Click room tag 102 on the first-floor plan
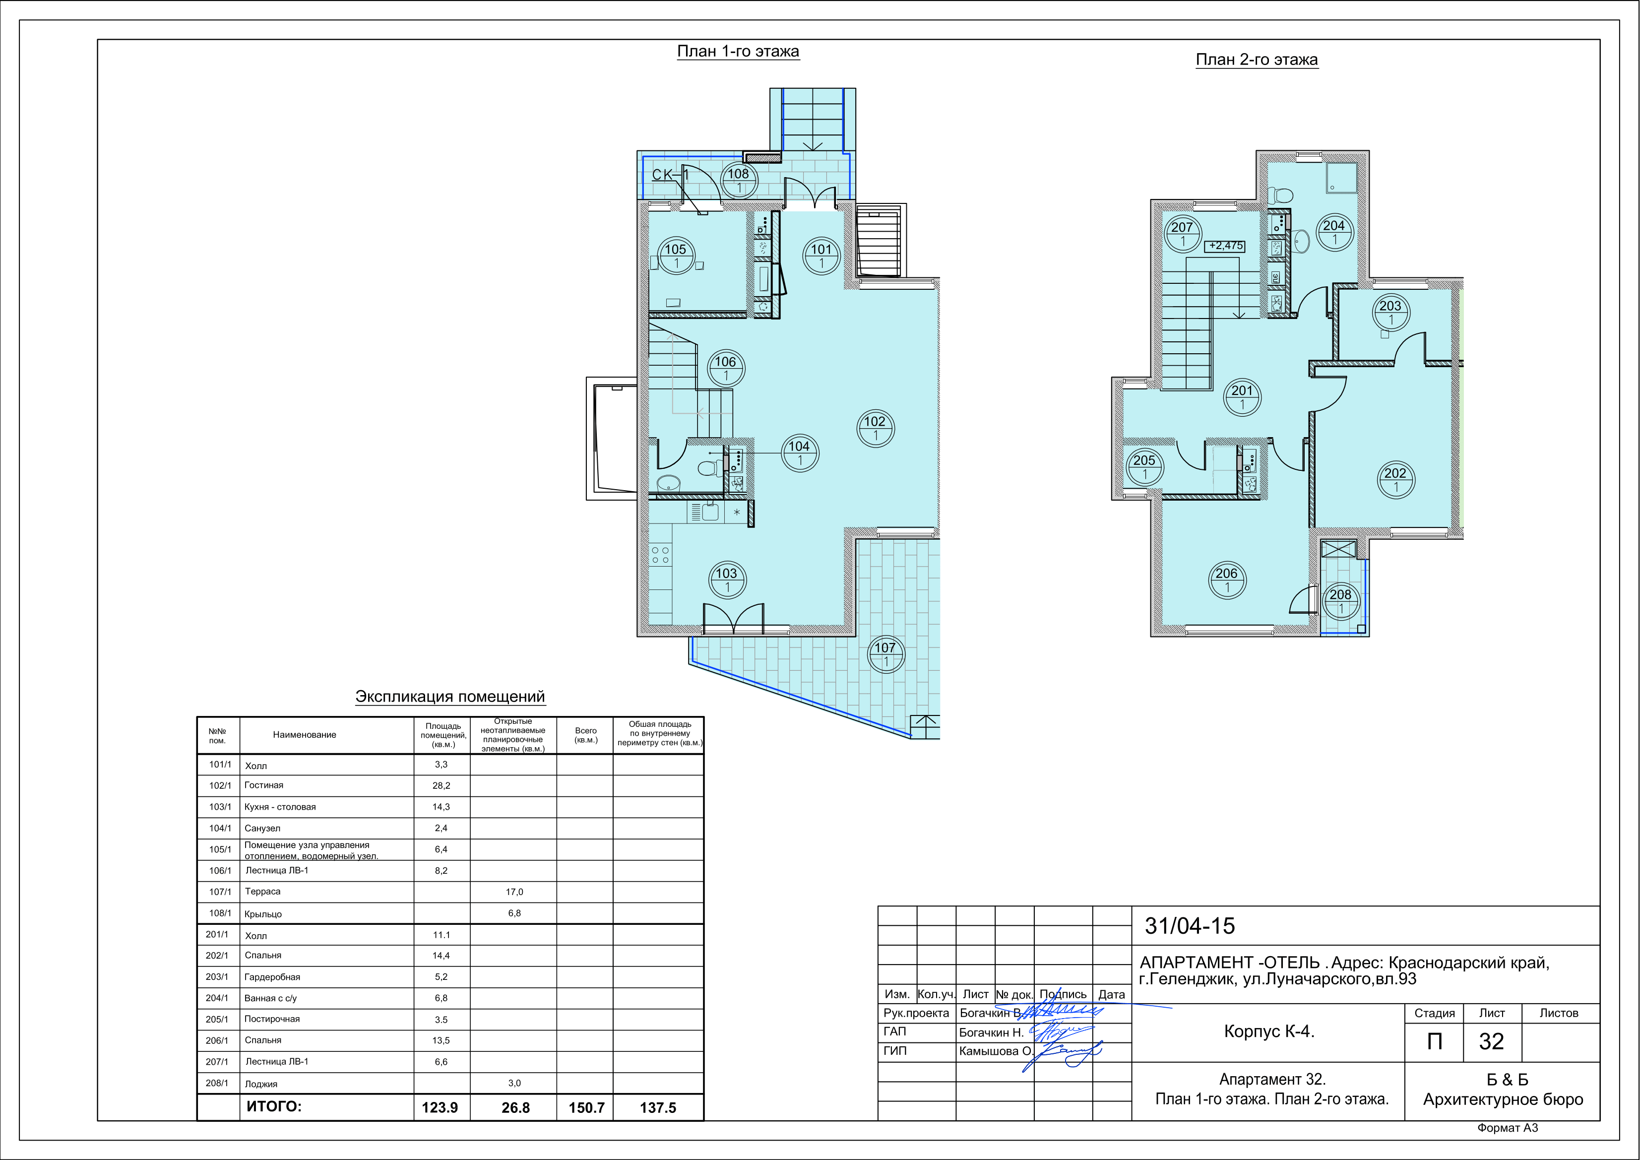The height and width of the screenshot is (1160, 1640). click(875, 429)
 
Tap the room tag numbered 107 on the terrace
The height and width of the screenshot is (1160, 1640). click(885, 654)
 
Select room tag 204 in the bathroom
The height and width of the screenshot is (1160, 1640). click(1334, 232)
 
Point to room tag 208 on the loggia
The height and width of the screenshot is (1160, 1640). click(1341, 601)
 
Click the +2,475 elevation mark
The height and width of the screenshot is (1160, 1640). click(1226, 246)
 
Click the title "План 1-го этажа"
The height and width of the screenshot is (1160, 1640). click(738, 52)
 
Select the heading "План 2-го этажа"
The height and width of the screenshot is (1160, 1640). click(1257, 60)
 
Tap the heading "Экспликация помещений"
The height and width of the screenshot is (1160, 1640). click(450, 697)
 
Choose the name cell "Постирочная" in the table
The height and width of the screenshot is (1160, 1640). click(272, 1019)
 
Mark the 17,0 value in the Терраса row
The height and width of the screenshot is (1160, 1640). click(514, 892)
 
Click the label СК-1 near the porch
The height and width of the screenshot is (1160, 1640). click(671, 174)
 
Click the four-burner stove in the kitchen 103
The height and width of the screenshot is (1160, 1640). click(661, 555)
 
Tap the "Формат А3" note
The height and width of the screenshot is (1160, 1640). click(1507, 1128)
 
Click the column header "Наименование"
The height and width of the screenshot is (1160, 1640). click(304, 735)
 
